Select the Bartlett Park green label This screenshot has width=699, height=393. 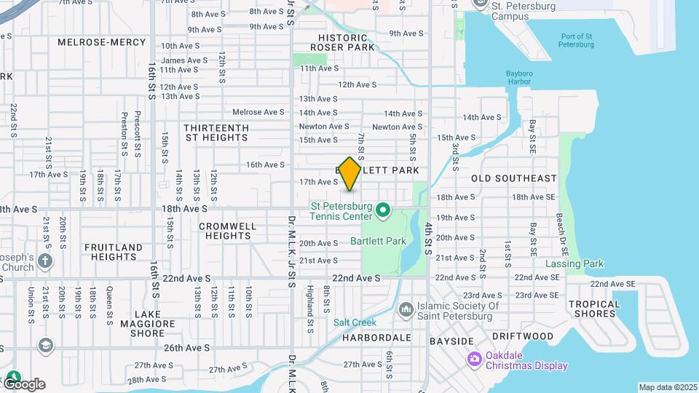click(x=378, y=240)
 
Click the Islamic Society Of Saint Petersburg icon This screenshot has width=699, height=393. click(x=406, y=311)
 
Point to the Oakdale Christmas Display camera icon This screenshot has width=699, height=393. click(x=474, y=359)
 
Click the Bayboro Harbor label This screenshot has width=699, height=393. click(x=518, y=76)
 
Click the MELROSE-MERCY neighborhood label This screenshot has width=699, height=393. click(x=102, y=42)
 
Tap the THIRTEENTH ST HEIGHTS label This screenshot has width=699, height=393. click(x=216, y=132)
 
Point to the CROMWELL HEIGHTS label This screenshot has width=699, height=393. click(x=228, y=231)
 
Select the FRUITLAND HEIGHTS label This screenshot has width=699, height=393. click(x=114, y=252)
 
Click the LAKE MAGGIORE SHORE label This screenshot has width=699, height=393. click(x=138, y=328)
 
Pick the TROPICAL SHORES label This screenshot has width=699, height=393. click(x=594, y=309)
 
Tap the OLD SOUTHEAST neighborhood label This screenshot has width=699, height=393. click(x=513, y=178)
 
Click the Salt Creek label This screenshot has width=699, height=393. click(x=355, y=322)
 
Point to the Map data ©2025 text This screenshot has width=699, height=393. click(x=667, y=387)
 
